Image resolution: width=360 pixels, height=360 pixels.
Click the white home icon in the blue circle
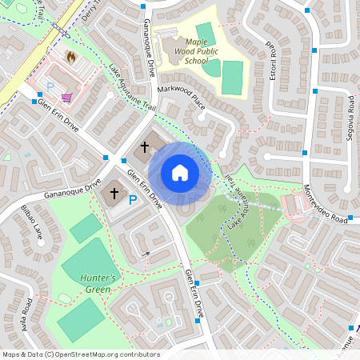pos(179,173)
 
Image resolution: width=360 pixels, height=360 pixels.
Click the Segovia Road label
pos(350,118)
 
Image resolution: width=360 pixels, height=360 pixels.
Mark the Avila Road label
pos(28,316)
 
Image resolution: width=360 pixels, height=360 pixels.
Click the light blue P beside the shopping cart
pos(50,86)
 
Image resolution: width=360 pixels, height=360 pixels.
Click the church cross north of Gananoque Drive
pos(145,147)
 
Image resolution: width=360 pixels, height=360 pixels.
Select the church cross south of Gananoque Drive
pos(114,193)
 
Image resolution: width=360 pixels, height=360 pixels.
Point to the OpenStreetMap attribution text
pos(80,354)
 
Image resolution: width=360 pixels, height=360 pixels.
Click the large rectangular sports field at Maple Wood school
pos(231,77)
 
